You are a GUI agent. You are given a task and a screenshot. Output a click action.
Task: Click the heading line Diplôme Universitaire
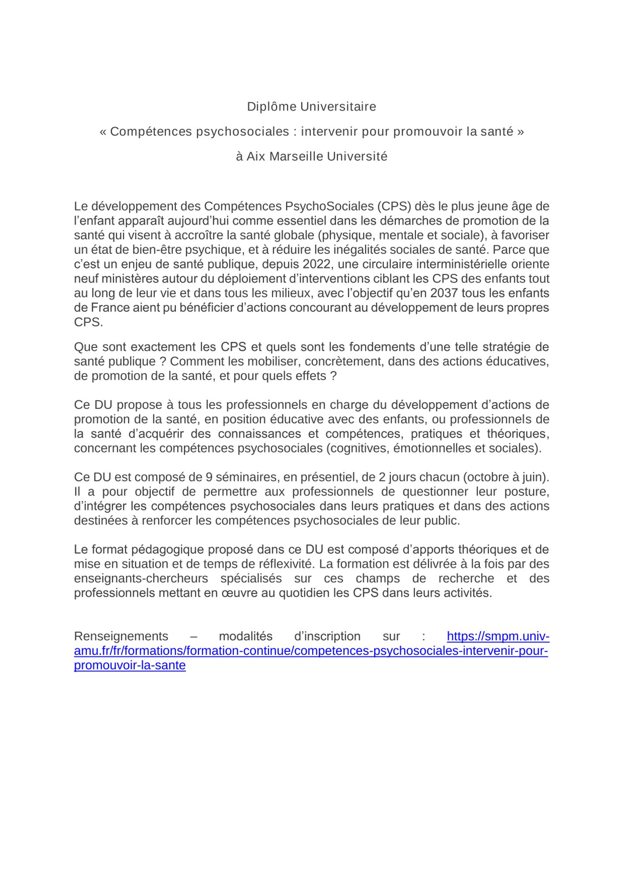click(x=311, y=107)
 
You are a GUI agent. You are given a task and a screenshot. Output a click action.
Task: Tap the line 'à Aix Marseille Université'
click(x=311, y=157)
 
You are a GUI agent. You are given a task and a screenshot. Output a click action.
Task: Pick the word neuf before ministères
click(x=86, y=279)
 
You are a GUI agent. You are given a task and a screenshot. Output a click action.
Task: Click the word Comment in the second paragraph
click(x=193, y=362)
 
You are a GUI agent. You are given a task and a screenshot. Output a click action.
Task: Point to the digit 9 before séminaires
click(x=209, y=477)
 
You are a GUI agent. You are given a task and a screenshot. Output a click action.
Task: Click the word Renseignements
click(x=121, y=636)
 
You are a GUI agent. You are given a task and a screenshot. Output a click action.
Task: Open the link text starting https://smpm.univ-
click(x=498, y=636)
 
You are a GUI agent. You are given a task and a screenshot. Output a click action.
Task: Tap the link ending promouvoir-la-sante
click(x=130, y=665)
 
